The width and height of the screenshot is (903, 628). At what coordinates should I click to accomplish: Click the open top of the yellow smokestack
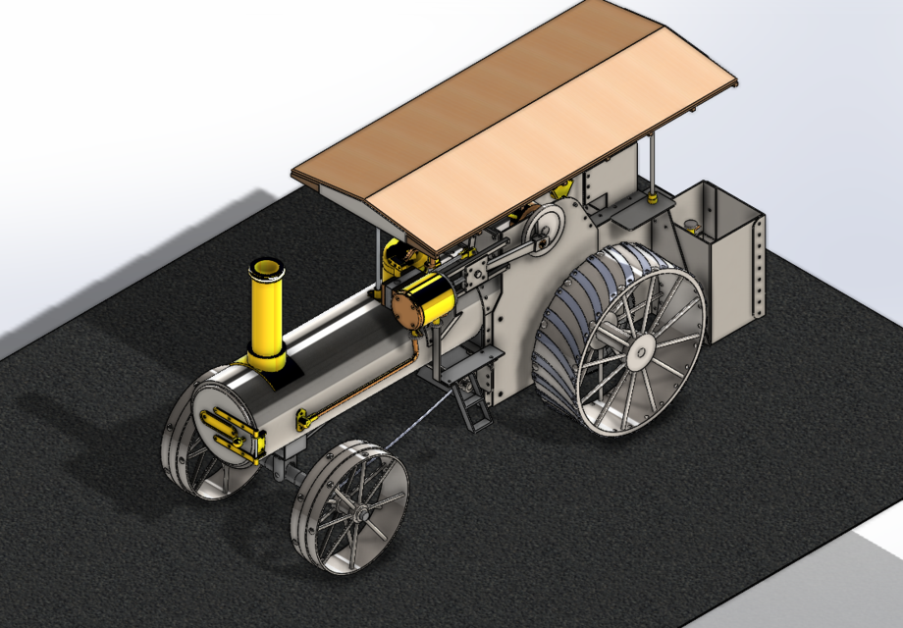pyautogui.click(x=266, y=267)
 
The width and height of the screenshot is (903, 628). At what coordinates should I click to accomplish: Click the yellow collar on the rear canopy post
pyautogui.click(x=652, y=199)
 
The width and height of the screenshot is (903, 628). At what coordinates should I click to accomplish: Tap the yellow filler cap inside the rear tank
pyautogui.click(x=693, y=226)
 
